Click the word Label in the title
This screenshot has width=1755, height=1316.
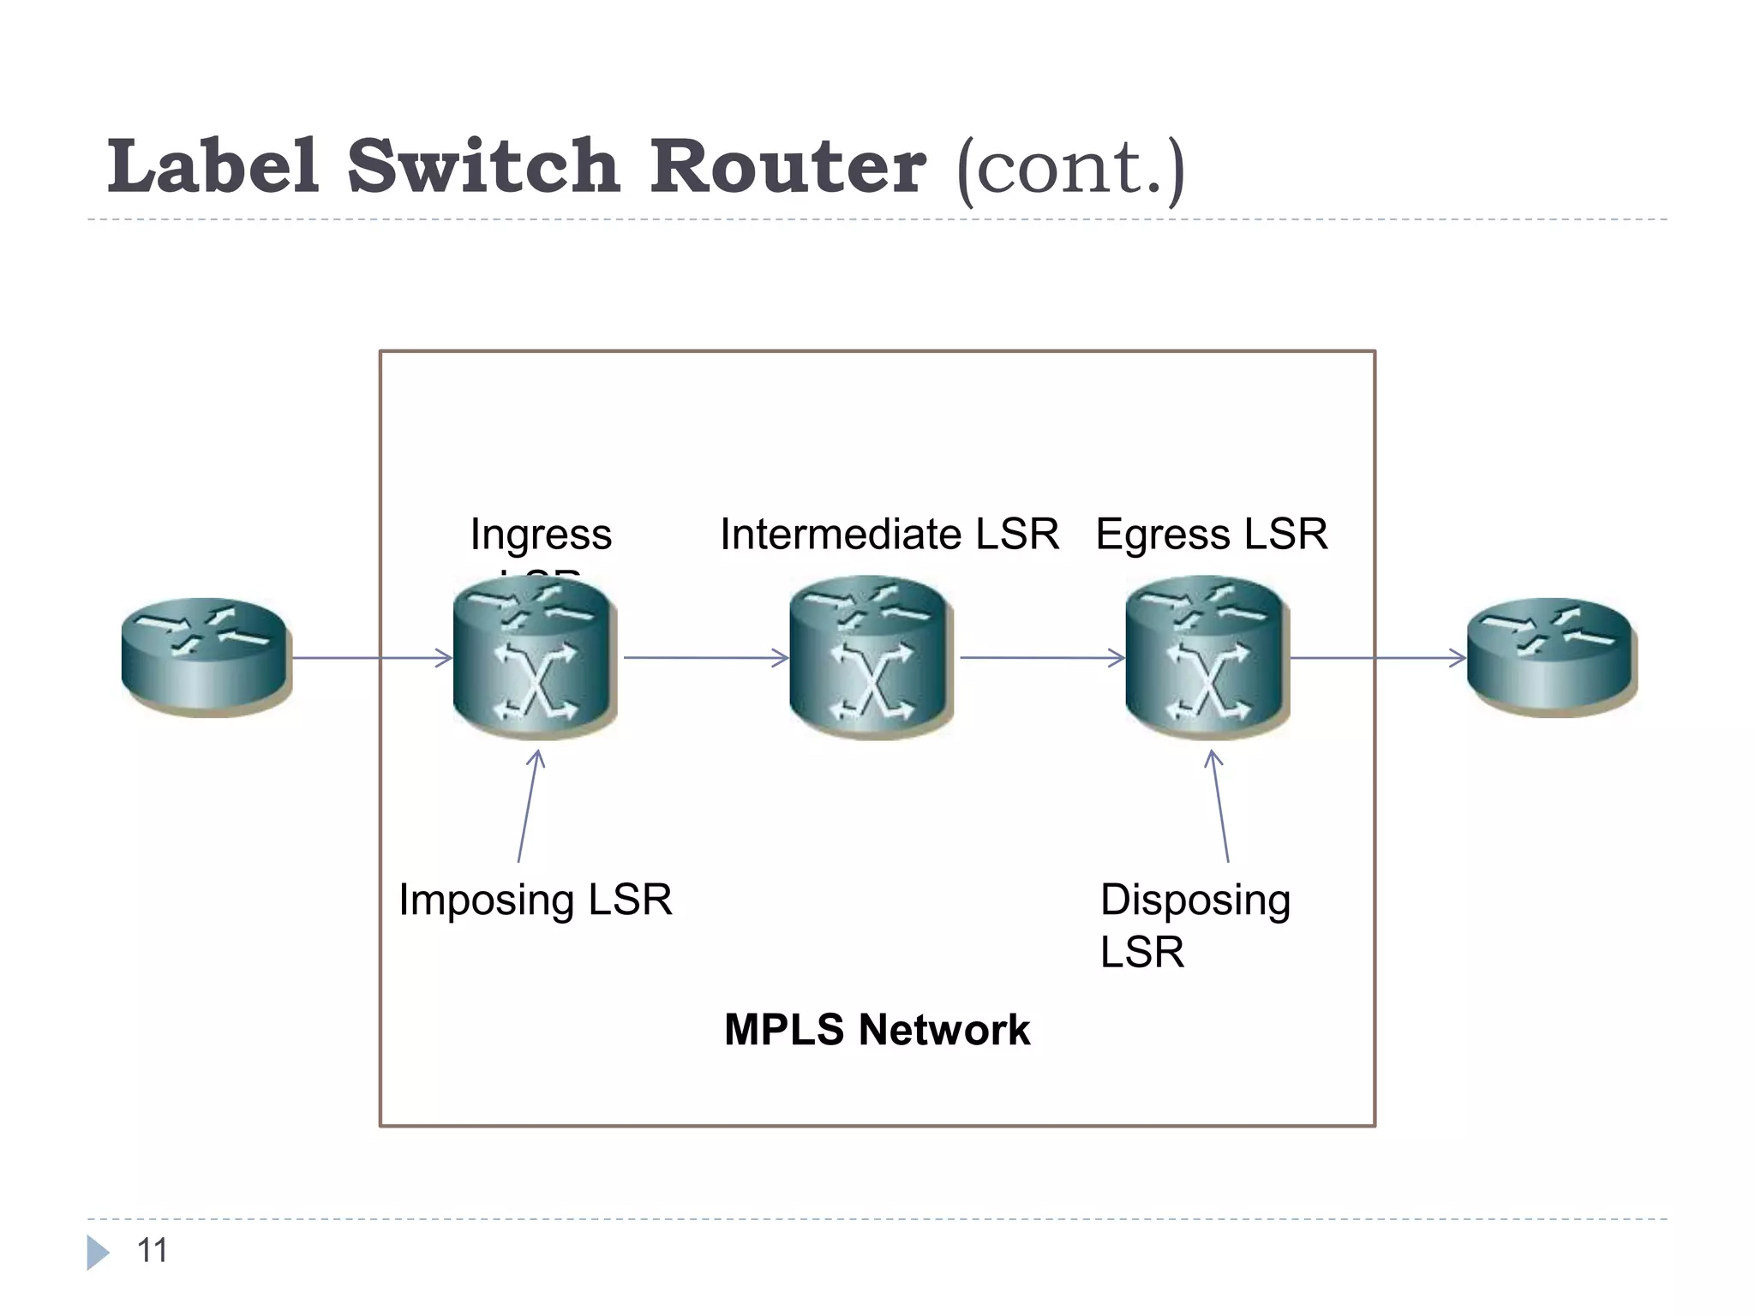[x=213, y=166]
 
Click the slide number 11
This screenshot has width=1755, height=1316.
[x=153, y=1251]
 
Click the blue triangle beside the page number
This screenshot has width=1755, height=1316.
[x=98, y=1253]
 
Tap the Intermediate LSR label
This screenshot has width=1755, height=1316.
[x=889, y=535]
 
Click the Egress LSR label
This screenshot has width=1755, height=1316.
[x=1211, y=535]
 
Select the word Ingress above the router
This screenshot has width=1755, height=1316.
[x=541, y=535]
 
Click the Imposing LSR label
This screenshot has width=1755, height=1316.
[x=536, y=900]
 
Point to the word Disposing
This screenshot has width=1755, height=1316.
[x=1195, y=900]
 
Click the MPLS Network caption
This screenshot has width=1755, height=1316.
[x=877, y=1029]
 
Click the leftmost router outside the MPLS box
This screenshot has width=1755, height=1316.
[x=206, y=657]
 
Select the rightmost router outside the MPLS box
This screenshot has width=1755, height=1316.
[x=1552, y=657]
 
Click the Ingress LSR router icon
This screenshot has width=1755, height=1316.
[x=535, y=658]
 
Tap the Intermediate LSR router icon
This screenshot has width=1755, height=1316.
[x=871, y=658]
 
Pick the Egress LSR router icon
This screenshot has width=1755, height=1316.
[x=1207, y=658]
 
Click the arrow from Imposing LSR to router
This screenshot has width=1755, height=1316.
[x=528, y=805]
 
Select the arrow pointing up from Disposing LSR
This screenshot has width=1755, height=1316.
[x=1220, y=805]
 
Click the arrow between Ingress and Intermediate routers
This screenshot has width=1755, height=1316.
[x=704, y=658]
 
